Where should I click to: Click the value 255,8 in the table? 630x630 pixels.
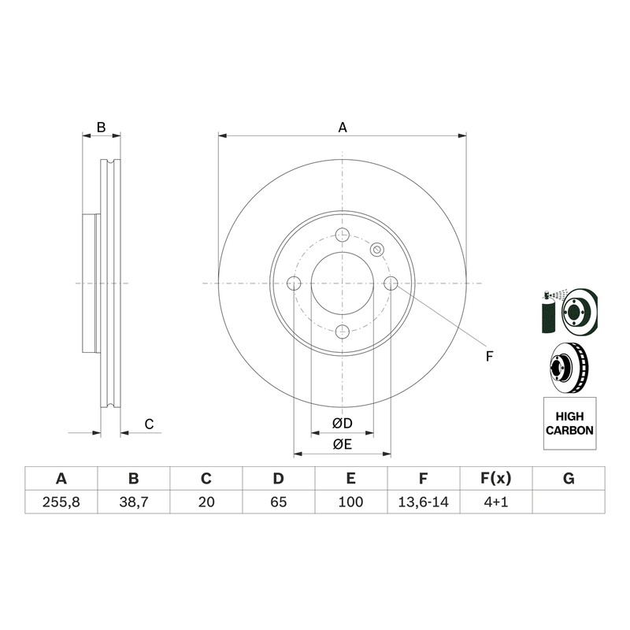pyautogui.click(x=61, y=502)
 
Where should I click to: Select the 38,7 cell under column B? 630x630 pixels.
pyautogui.click(x=133, y=502)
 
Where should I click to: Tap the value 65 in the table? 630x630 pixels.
pyautogui.click(x=279, y=502)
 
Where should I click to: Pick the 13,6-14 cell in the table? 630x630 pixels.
pyautogui.click(x=423, y=502)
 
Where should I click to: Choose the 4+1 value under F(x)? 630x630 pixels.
pyautogui.click(x=496, y=502)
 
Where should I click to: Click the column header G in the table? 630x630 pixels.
pyautogui.click(x=569, y=479)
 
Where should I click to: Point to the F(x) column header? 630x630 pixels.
pyautogui.click(x=496, y=479)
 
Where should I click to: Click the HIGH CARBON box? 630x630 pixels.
pyautogui.click(x=569, y=424)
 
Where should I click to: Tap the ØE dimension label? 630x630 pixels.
pyautogui.click(x=343, y=444)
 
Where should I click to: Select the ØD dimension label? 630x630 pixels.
pyautogui.click(x=343, y=423)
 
